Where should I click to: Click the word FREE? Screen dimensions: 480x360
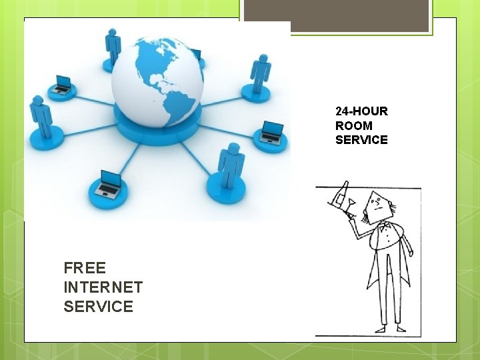click(x=85, y=268)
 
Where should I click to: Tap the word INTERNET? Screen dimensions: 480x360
click(x=103, y=287)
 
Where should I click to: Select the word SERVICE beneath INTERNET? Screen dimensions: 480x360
click(x=98, y=307)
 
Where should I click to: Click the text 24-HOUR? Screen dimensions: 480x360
click(x=361, y=111)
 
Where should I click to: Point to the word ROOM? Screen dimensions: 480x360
click(x=354, y=125)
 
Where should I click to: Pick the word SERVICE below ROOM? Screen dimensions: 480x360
click(x=361, y=139)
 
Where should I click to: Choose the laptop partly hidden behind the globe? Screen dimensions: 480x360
click(x=197, y=55)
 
